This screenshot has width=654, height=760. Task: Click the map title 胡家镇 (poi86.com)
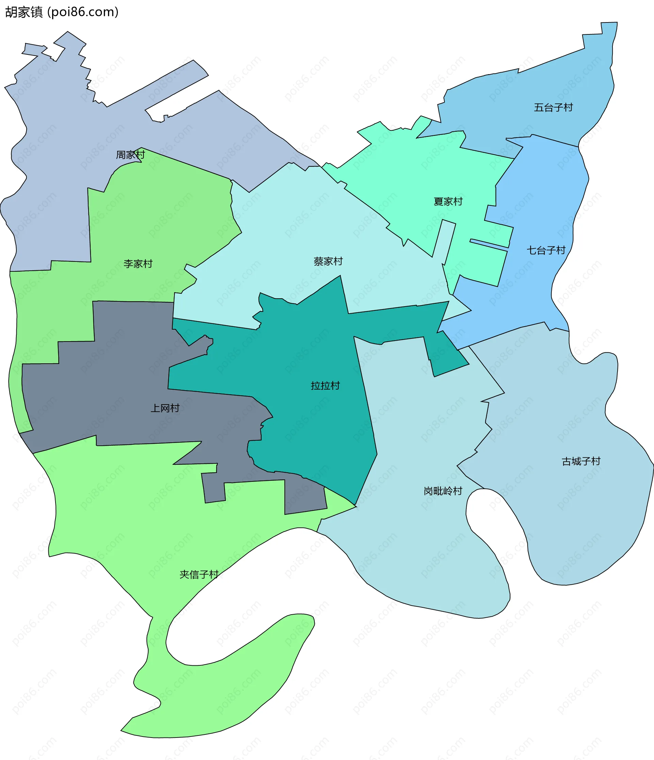pos(62,12)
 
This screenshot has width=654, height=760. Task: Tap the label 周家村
pos(130,155)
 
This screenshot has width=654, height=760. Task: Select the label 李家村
pos(138,264)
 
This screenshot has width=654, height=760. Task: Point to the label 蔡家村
pos(328,262)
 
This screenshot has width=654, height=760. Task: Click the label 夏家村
pos(448,202)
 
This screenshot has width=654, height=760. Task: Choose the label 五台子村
pos(553,108)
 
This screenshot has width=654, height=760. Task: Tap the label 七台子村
pos(546,251)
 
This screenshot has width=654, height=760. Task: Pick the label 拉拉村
pos(325,386)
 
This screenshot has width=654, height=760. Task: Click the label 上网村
pos(165,408)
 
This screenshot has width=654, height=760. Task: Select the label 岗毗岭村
pos(443,491)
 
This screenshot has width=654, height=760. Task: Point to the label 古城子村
pos(581,461)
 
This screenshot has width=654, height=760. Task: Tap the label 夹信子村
pos(199,574)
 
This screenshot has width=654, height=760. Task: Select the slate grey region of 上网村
pos(110,403)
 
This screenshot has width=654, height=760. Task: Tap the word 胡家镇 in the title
pos(24,12)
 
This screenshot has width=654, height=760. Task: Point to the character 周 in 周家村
pos(121,155)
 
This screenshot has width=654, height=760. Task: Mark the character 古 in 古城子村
pos(567,461)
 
